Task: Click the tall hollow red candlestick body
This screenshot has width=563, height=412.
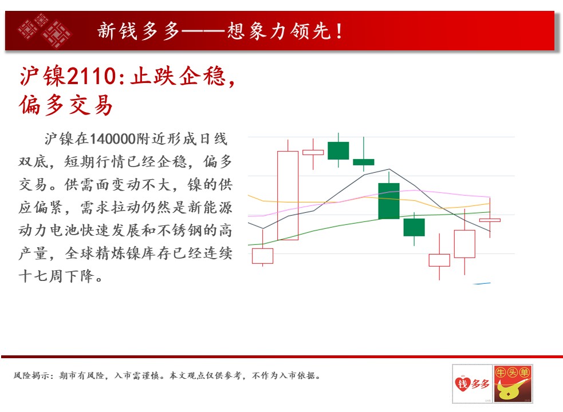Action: (288, 196)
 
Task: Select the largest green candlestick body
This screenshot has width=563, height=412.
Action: (389, 201)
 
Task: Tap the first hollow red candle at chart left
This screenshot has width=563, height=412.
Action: (262, 256)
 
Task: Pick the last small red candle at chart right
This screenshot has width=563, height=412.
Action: (490, 220)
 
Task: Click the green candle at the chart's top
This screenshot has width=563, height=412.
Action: (338, 150)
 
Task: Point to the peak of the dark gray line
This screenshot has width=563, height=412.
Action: (389, 169)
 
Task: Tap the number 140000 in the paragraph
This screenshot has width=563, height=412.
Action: (112, 139)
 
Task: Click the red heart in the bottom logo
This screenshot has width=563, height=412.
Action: (462, 383)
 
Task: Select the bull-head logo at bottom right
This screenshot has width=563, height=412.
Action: (513, 383)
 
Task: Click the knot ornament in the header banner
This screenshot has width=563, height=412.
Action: (45, 31)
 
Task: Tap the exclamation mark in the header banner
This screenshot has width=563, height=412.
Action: (339, 31)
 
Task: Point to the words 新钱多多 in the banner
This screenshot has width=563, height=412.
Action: (138, 31)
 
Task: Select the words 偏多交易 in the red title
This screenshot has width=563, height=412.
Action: (66, 105)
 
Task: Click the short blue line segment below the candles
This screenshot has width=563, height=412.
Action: (482, 283)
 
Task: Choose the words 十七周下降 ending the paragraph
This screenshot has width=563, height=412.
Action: (56, 276)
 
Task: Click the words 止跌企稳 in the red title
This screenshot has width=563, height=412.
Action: (178, 77)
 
